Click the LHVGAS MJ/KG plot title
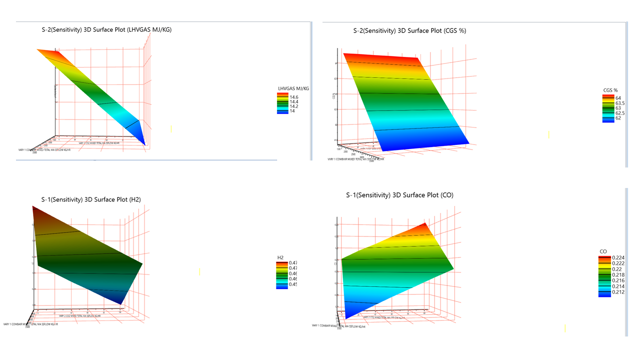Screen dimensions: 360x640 (x=106, y=30)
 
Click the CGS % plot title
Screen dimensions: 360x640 (x=409, y=30)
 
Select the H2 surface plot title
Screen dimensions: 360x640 (x=91, y=199)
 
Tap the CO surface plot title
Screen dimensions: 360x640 (x=399, y=195)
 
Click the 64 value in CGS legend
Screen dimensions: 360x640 (x=618, y=98)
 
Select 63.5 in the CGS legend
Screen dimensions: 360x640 (x=620, y=103)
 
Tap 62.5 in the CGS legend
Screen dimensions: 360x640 (x=620, y=113)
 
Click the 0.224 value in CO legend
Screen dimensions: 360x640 (x=618, y=258)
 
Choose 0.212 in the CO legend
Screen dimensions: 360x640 (x=618, y=292)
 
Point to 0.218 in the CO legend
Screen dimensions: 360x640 (x=618, y=275)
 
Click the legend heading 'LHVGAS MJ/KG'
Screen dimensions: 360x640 (x=293, y=88)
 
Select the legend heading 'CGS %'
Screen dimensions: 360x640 (x=610, y=90)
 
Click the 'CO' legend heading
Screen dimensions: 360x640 (x=603, y=251)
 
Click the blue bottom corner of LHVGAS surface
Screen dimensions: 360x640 (x=144, y=142)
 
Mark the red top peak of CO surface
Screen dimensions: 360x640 (x=424, y=225)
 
